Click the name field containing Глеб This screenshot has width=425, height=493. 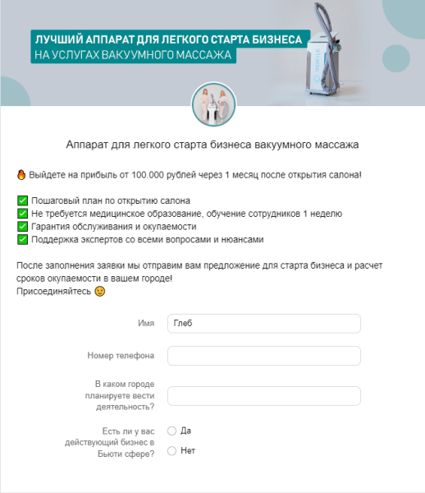coord(263,324)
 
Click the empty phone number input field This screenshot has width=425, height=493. coord(263,356)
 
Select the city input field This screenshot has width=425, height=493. coord(263,396)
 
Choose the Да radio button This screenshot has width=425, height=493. coord(171,431)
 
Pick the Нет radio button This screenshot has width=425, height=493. coord(171,450)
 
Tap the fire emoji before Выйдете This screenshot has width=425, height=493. coord(21,175)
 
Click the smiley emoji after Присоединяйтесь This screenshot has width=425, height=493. coord(100,292)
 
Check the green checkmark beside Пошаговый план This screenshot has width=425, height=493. coord(21,200)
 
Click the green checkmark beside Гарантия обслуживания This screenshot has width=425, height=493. coord(21,227)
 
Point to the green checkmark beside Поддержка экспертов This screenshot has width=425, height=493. coord(21,240)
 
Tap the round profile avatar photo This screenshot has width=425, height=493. coord(212,103)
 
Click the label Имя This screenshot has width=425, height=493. coord(147,324)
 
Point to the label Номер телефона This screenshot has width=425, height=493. coord(121,356)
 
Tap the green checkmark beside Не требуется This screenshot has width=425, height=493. coord(21,214)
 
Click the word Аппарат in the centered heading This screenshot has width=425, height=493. coord(90,145)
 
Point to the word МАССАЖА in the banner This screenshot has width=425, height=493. coord(203,56)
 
